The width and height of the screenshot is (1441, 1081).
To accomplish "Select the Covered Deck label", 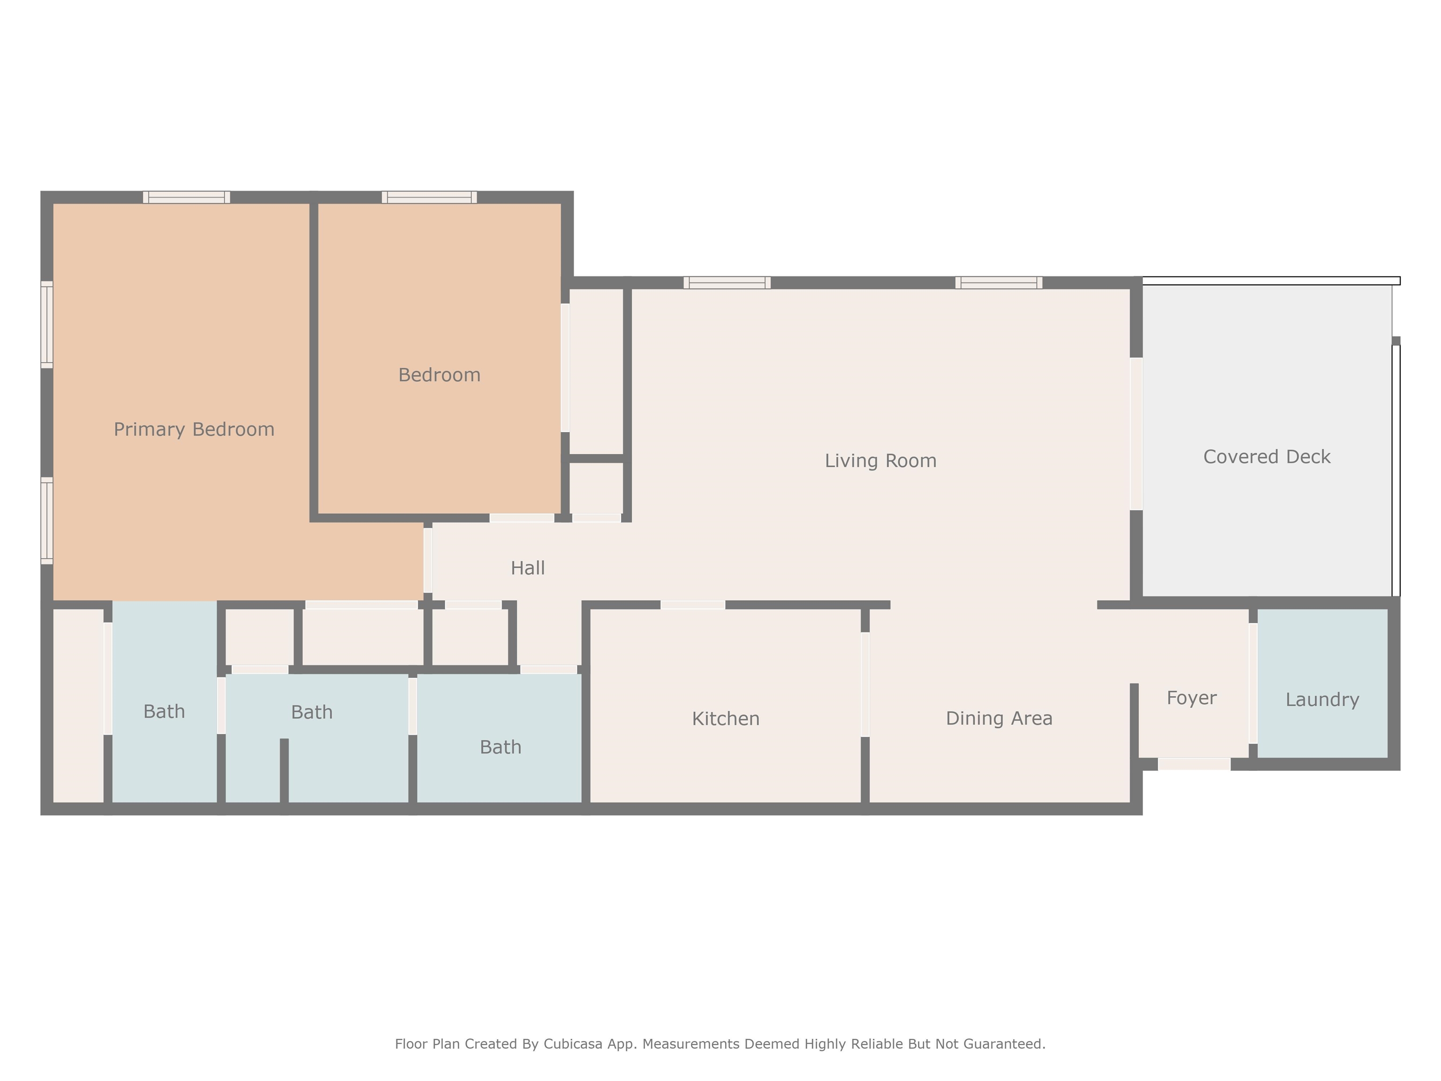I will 1267,457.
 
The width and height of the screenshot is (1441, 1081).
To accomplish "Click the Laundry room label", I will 1322,700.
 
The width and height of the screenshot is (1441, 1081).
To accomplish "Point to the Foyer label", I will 1191,698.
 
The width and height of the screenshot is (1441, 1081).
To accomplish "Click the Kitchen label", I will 725,719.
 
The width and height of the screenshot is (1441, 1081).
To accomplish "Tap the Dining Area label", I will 999,718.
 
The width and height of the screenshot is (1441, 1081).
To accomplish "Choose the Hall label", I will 528,568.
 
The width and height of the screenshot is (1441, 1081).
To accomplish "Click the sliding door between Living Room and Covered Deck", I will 1136,434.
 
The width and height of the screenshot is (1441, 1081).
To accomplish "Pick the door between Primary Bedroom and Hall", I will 428,560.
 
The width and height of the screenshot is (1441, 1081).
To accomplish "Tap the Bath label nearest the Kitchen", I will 501,747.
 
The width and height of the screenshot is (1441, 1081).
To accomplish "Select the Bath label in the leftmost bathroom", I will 164,712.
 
